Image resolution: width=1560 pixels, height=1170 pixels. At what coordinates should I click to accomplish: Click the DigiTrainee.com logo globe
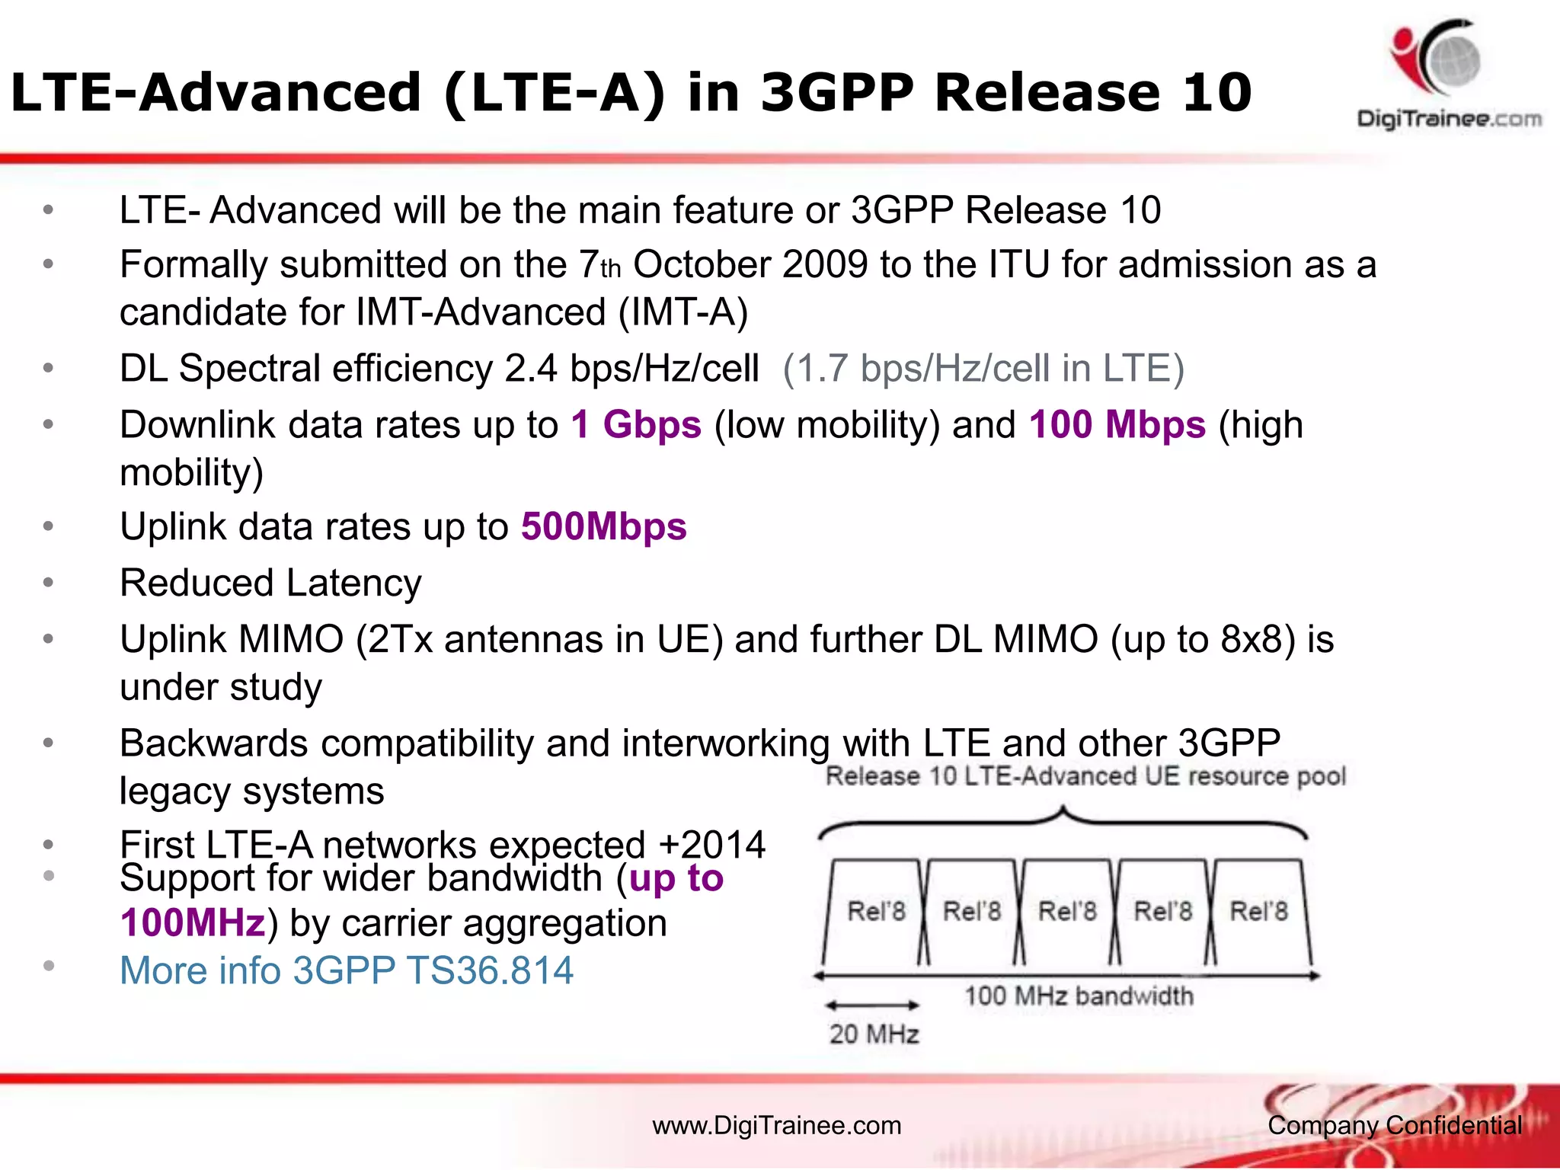(1452, 61)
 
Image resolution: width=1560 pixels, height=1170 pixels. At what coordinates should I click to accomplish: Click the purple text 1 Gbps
(636, 425)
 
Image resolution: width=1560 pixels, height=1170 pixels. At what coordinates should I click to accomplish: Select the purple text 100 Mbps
(1117, 425)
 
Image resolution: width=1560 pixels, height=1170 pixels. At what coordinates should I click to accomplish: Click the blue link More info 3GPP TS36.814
(347, 970)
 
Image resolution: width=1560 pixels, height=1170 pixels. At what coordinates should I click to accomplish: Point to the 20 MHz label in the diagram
(874, 1034)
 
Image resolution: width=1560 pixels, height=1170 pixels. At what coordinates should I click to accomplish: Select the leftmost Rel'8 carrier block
(876, 912)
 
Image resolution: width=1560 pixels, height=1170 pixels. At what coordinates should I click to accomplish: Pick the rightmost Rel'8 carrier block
(1258, 912)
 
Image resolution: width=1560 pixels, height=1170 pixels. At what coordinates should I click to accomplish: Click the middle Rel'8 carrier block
(1067, 912)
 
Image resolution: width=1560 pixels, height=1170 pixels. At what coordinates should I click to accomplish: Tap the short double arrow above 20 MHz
(873, 1005)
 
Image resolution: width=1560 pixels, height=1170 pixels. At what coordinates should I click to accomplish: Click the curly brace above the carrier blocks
(1063, 821)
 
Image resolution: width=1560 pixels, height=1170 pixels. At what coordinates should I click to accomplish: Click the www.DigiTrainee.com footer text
(776, 1126)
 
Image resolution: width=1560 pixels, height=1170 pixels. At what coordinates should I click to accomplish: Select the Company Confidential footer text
(1395, 1126)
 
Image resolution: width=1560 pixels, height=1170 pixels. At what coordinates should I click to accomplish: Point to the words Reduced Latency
(270, 583)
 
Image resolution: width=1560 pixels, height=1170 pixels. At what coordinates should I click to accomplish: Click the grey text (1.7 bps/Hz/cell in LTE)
(983, 369)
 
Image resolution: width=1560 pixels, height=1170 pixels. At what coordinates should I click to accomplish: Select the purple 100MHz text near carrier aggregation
(193, 923)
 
